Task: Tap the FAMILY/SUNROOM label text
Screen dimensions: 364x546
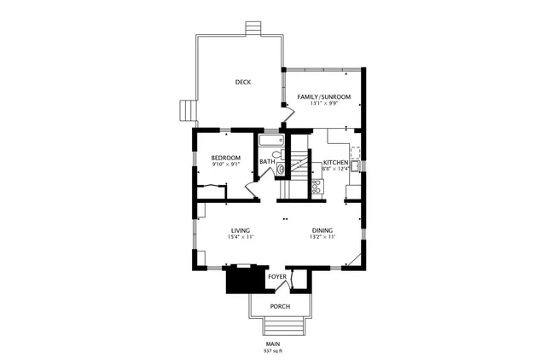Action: [x=323, y=97]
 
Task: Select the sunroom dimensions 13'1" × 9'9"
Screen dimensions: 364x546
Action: [x=323, y=104]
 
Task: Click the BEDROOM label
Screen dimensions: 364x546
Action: [x=226, y=158]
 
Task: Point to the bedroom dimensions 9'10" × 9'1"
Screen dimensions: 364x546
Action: [x=226, y=165]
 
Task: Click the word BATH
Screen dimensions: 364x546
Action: [x=267, y=162]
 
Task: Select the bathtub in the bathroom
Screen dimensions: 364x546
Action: [x=270, y=140]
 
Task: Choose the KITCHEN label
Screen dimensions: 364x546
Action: [x=334, y=162]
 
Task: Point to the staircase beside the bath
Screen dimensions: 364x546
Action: [x=298, y=167]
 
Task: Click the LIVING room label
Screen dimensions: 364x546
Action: [x=240, y=230]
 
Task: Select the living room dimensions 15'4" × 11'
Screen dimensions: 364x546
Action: [x=240, y=237]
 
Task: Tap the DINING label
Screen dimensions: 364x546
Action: [x=322, y=230]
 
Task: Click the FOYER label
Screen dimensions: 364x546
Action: [x=277, y=277]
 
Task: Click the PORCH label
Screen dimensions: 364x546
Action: [x=280, y=306]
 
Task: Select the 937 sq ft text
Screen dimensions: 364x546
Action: [x=273, y=350]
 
